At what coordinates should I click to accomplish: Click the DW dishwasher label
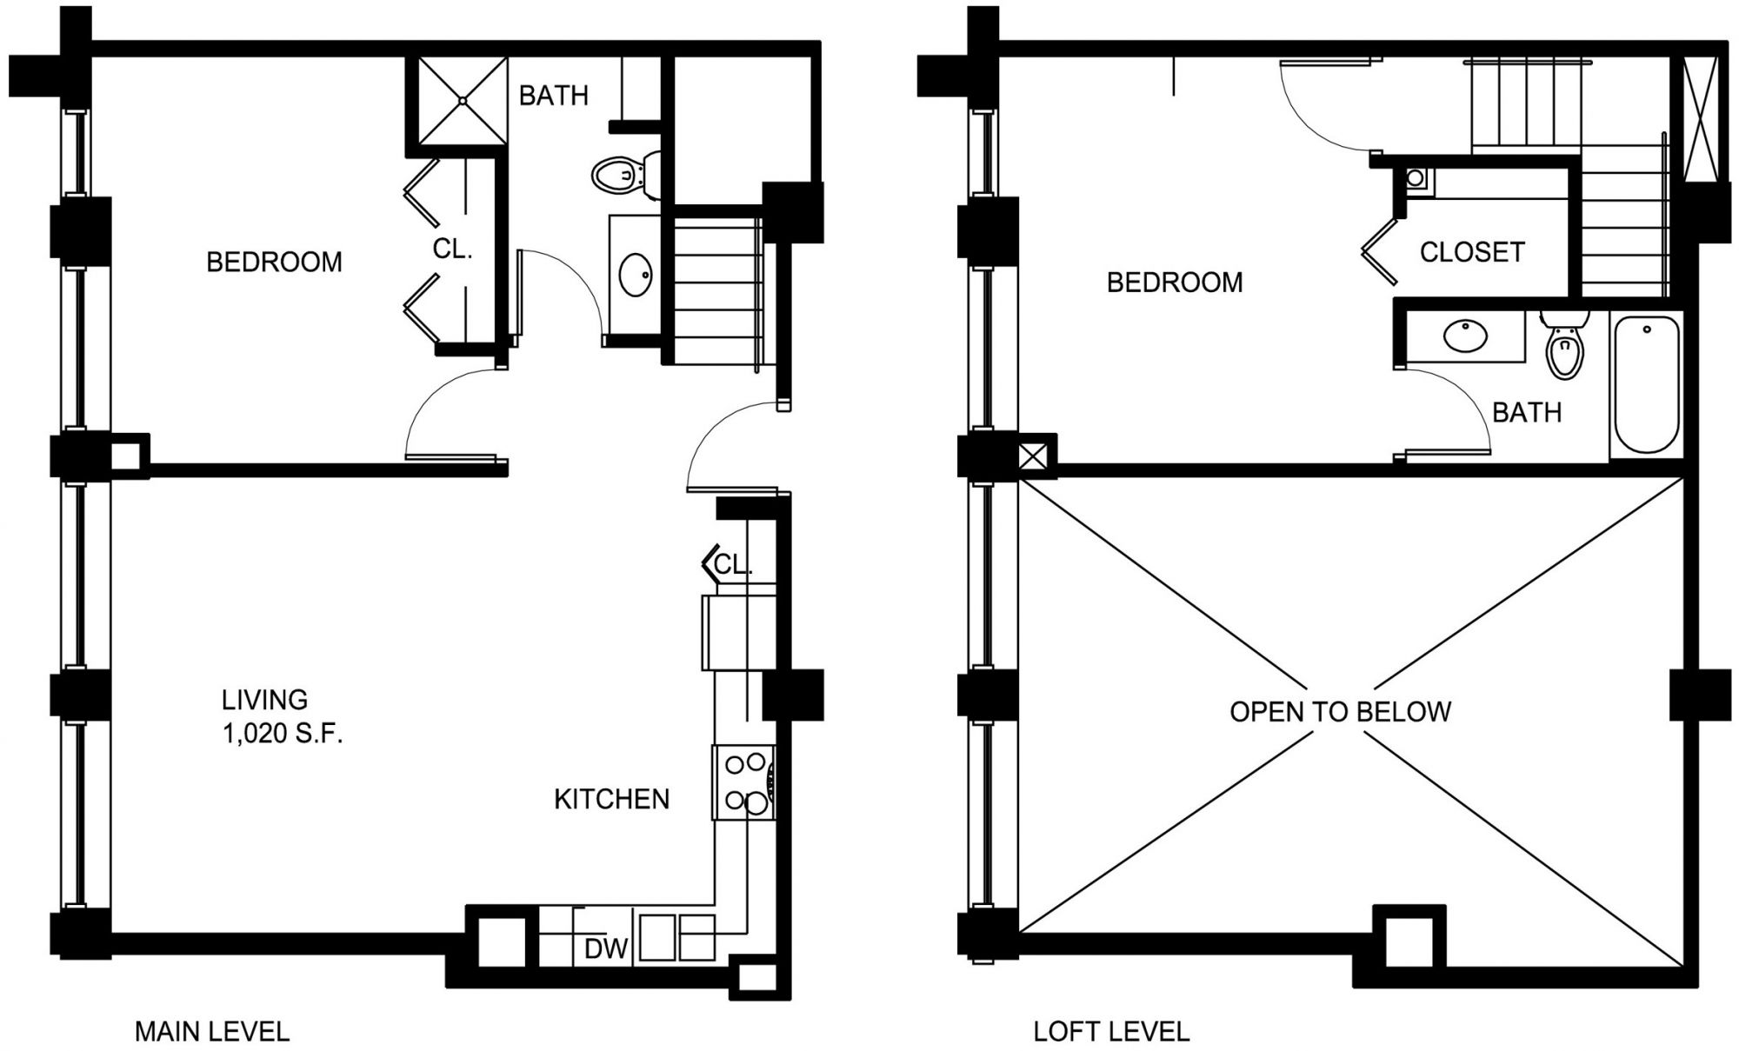[x=606, y=949]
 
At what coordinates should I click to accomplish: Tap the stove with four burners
[x=744, y=782]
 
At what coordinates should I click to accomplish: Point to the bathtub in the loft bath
[x=1647, y=383]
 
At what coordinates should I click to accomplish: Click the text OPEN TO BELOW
[x=1340, y=712]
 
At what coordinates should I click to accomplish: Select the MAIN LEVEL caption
[x=211, y=1032]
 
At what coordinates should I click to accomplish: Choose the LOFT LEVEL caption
[x=1111, y=1032]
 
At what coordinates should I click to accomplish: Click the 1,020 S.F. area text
[x=283, y=735]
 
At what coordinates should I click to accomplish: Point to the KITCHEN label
[x=611, y=799]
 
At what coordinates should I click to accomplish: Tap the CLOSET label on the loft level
[x=1472, y=252]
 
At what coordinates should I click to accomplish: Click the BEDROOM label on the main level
[x=274, y=262]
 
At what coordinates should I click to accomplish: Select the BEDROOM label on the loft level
[x=1175, y=283]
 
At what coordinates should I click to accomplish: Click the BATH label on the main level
[x=553, y=95]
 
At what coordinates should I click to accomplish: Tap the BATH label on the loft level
[x=1527, y=412]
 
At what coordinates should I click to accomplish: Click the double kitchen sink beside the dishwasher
[x=676, y=936]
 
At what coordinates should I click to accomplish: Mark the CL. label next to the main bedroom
[x=452, y=249]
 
